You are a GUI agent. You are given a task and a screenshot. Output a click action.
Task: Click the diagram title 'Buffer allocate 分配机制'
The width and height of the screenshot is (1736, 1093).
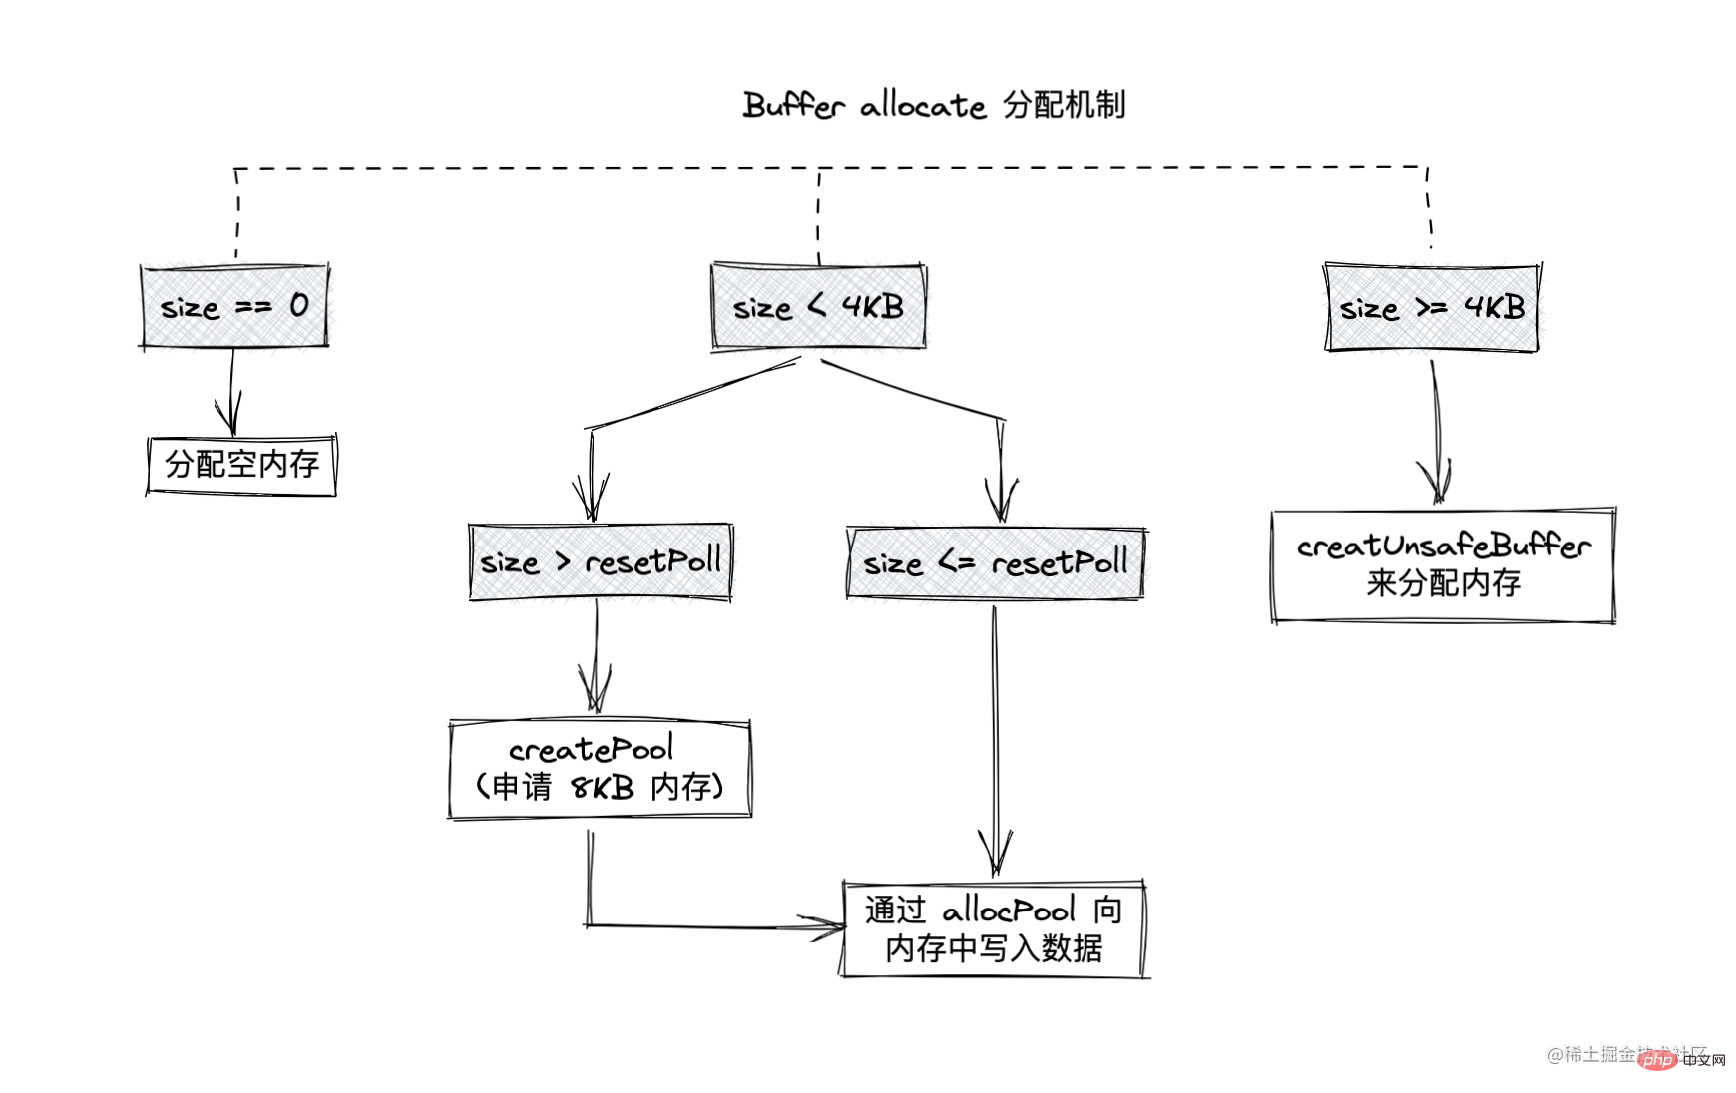pos(934,105)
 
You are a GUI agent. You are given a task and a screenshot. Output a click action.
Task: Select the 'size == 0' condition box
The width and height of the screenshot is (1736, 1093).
pos(234,306)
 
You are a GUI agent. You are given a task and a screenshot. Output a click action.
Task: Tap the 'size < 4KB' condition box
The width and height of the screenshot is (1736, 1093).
pos(818,306)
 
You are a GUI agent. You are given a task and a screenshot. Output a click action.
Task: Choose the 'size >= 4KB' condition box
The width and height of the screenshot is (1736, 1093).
pos(1432,307)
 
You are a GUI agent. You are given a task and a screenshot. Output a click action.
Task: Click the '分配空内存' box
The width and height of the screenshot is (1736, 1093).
pos(241,464)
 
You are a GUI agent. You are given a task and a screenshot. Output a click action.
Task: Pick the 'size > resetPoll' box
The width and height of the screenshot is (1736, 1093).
pos(601,562)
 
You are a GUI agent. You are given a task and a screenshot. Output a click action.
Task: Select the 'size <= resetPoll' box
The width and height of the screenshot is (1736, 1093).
pos(996,563)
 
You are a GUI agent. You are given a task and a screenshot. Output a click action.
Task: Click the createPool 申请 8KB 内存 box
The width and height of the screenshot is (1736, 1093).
pos(600,769)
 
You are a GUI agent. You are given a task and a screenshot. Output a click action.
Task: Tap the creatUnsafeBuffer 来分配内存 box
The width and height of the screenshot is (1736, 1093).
pos(1443,565)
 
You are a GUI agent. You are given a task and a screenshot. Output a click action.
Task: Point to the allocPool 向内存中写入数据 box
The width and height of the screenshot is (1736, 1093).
pos(995,929)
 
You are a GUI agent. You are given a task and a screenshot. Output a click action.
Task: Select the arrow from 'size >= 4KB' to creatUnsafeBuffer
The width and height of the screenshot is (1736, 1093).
pos(1435,429)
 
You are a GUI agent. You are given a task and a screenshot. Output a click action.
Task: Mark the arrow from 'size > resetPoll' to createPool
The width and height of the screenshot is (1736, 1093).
pos(596,658)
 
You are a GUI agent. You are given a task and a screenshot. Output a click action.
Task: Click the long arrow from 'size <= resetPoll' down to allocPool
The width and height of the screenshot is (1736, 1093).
pos(994,738)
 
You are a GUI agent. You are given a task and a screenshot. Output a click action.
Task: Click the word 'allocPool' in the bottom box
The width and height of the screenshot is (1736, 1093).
pos(1009,910)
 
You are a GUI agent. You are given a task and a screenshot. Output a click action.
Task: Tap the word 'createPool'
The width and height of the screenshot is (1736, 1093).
pos(591,749)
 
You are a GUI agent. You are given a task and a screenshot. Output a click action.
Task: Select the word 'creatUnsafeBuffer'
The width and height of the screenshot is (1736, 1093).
pos(1443,546)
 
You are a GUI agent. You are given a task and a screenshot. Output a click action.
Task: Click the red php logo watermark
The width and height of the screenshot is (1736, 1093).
pos(1657,1059)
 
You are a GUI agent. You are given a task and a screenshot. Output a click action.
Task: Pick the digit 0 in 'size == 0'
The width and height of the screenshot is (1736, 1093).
pos(299,305)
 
